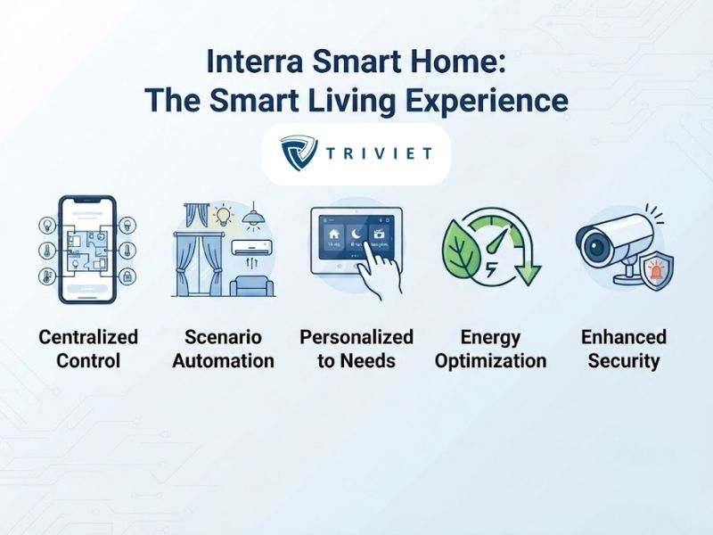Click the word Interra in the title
(x=255, y=62)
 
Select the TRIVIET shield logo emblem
(x=299, y=152)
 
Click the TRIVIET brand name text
(x=379, y=153)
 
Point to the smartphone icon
(x=87, y=250)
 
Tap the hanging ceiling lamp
(x=254, y=215)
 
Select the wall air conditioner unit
(x=252, y=247)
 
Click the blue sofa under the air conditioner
(x=252, y=286)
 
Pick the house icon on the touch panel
(x=333, y=235)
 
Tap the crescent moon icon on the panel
(x=356, y=235)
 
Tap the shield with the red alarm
(x=657, y=272)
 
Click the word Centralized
(x=88, y=337)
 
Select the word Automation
(x=224, y=361)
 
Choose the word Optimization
(x=491, y=361)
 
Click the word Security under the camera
(x=623, y=361)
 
